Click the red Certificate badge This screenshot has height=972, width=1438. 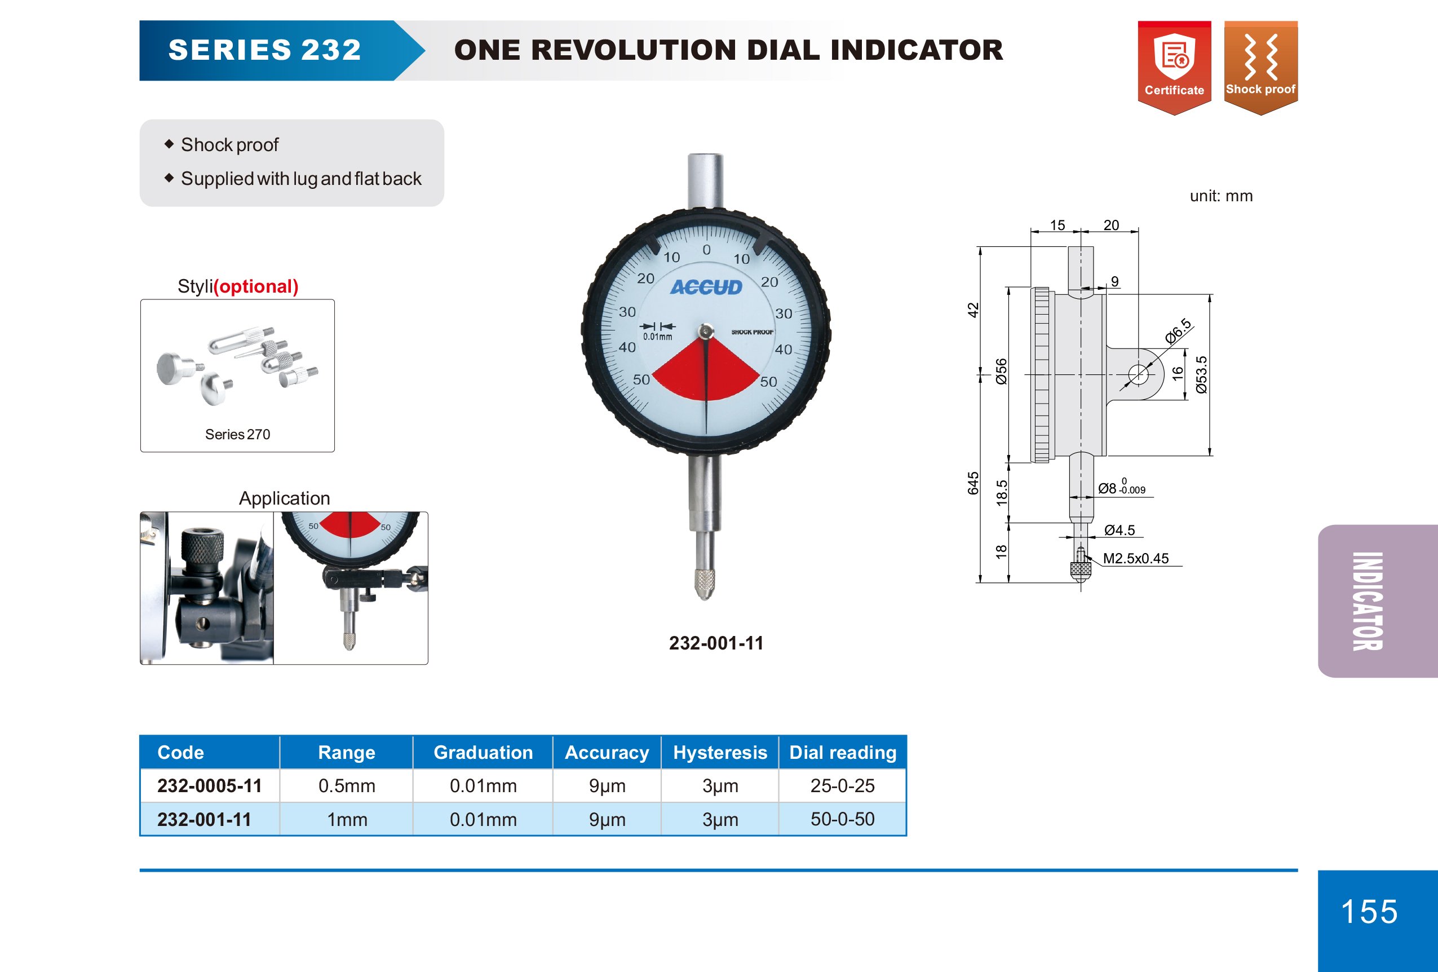click(x=1174, y=68)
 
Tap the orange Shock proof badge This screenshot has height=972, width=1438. click(x=1260, y=68)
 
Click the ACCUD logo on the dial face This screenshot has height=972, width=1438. click(x=706, y=287)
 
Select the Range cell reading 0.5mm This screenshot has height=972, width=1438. click(x=347, y=786)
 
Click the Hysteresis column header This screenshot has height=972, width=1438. click(x=720, y=752)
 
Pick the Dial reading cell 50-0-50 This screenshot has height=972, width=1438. click(x=842, y=819)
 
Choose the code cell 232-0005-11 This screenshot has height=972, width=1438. click(x=209, y=786)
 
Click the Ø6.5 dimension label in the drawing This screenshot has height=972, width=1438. click(x=1178, y=331)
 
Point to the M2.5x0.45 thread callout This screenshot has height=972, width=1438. click(x=1135, y=558)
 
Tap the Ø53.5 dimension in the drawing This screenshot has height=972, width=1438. click(x=1201, y=375)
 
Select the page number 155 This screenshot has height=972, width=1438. click(x=1369, y=911)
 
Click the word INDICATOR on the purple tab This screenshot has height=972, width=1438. click(x=1367, y=601)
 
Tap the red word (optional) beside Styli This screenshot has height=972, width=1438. click(x=255, y=286)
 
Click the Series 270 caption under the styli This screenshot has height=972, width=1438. click(x=238, y=434)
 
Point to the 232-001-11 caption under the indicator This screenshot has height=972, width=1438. click(x=716, y=643)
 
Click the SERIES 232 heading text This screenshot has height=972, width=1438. click(x=264, y=50)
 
